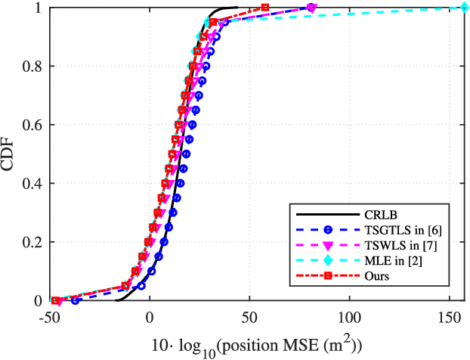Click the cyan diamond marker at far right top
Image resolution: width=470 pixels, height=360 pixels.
(464, 8)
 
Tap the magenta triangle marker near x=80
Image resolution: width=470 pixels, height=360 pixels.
(311, 8)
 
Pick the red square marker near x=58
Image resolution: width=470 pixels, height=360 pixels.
(265, 8)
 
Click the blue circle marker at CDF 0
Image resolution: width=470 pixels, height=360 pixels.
(75, 300)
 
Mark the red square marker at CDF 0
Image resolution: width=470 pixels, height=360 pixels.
(56, 300)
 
